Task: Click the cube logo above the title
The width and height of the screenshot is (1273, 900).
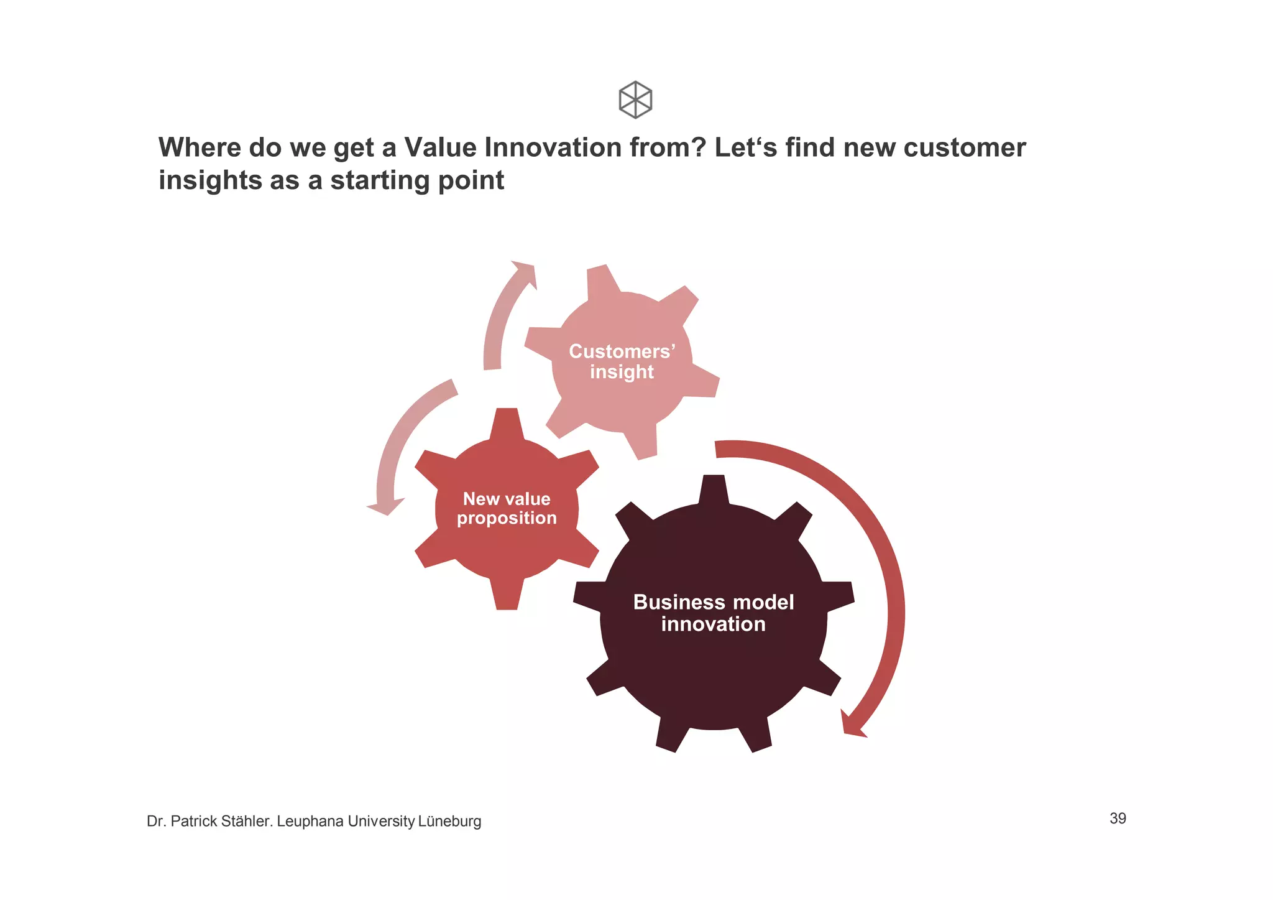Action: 635,100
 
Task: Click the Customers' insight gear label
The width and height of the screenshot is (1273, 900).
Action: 622,361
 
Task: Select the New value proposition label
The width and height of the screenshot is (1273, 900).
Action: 507,508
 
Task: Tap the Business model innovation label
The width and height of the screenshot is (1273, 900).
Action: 713,613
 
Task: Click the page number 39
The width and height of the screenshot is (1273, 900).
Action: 1118,819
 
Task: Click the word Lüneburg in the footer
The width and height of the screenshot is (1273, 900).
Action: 449,822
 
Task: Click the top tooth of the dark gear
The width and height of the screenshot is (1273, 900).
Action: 714,488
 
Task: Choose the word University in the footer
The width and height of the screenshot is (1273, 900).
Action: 381,822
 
